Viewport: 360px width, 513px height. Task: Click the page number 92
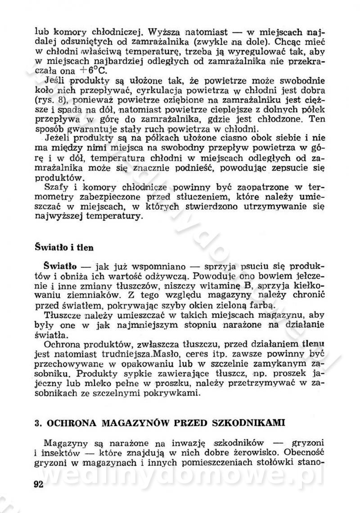point(41,485)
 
